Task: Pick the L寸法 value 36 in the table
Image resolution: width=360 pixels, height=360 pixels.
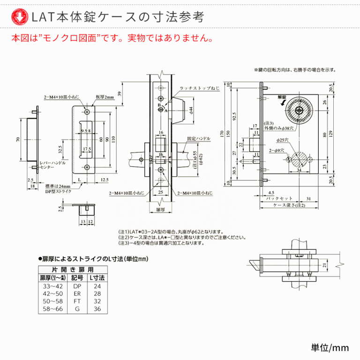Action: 97,309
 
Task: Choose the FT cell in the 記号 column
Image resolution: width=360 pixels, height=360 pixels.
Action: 77,301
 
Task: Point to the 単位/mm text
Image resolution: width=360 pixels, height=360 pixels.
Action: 330,347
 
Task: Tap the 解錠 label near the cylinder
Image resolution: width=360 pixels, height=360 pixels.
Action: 281,97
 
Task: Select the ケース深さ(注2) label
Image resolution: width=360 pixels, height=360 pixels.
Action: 289,205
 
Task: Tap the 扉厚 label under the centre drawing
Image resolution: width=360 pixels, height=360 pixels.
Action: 161,211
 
